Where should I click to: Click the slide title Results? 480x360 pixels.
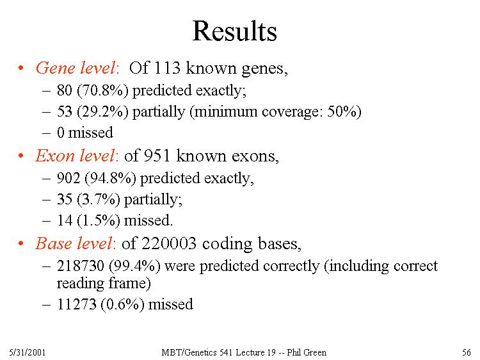(x=235, y=31)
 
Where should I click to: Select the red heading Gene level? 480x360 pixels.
(x=76, y=68)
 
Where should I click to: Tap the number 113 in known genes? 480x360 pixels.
(x=167, y=67)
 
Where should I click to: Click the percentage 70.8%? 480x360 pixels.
(x=102, y=90)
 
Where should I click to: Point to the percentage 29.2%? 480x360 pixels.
(x=102, y=111)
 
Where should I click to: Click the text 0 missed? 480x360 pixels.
(x=85, y=133)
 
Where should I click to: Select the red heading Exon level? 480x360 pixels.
(x=76, y=156)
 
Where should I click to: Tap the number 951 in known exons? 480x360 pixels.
(x=157, y=156)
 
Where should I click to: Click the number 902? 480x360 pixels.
(x=68, y=178)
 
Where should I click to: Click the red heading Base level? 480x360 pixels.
(x=75, y=243)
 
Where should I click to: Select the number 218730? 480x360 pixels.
(x=81, y=266)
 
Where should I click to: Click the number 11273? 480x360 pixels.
(x=77, y=304)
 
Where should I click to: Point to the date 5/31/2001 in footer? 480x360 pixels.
(x=28, y=352)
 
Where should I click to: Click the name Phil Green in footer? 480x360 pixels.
(x=307, y=352)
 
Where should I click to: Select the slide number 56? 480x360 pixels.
(x=467, y=352)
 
